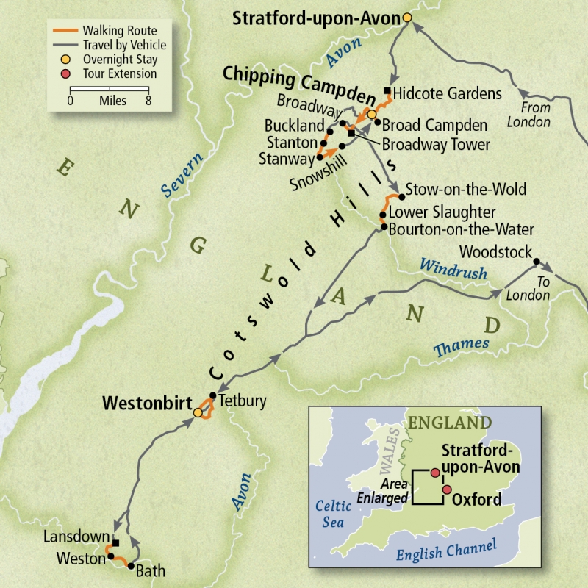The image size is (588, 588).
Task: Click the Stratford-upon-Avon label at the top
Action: pos(316,18)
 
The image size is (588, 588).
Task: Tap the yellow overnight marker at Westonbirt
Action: pos(198,413)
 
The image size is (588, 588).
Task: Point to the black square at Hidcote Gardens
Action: pos(387,92)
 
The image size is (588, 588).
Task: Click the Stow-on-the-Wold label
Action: pos(466,189)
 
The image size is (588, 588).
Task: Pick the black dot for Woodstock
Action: pos(537,262)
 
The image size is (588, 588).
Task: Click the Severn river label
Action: pos(177,179)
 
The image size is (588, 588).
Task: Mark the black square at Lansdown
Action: pos(115,543)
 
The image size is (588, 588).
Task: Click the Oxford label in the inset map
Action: pos(477,500)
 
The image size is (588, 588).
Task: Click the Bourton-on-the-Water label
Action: pos(461,229)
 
